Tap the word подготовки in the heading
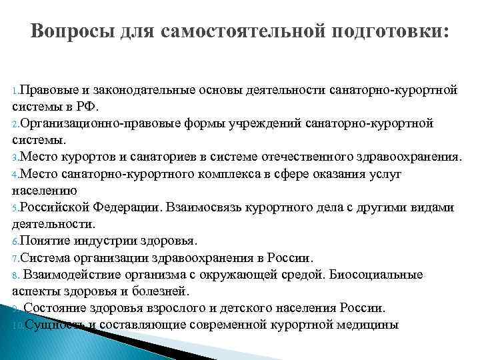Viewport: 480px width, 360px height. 388,31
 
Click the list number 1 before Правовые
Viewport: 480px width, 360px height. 15,89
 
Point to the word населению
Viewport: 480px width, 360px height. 40,191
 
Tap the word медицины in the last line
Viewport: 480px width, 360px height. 373,325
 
